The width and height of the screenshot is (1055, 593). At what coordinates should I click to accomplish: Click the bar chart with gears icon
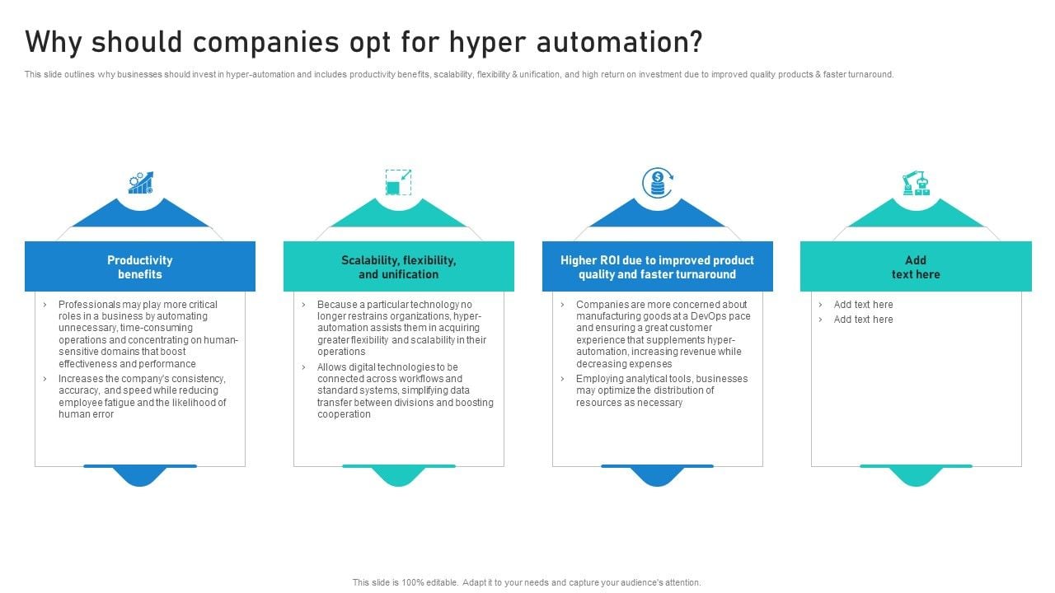pyautogui.click(x=140, y=183)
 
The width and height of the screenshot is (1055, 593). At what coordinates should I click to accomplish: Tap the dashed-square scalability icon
pyautogui.click(x=398, y=183)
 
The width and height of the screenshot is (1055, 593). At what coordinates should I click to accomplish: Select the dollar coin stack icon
pyautogui.click(x=657, y=183)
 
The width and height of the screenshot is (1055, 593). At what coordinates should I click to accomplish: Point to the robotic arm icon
pyautogui.click(x=915, y=183)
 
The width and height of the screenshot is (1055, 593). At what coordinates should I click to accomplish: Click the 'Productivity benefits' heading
pyautogui.click(x=140, y=267)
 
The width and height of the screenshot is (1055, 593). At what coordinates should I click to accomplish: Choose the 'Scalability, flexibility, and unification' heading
pyautogui.click(x=399, y=267)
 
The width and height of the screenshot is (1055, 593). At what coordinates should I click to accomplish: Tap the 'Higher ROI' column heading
pyautogui.click(x=657, y=267)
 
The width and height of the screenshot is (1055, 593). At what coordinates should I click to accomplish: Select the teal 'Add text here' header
pyautogui.click(x=916, y=267)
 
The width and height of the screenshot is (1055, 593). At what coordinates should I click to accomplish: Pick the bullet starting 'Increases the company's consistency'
pyautogui.click(x=142, y=396)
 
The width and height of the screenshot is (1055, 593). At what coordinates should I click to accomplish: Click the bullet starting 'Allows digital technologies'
pyautogui.click(x=405, y=390)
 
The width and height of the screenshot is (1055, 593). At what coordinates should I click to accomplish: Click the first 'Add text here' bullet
pyautogui.click(x=863, y=305)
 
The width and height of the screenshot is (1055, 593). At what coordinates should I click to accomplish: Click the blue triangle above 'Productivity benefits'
pyautogui.click(x=140, y=214)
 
